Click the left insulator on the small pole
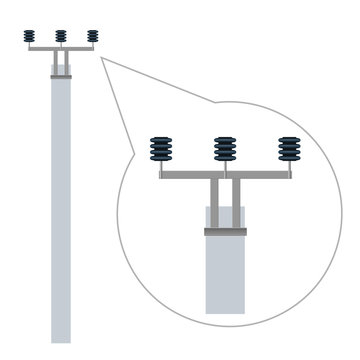(29, 36)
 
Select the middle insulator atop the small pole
(61, 36)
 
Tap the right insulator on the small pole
(93, 36)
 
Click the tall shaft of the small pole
(61, 200)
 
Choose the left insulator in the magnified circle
(161, 149)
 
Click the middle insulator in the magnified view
(225, 149)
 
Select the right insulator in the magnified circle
(289, 149)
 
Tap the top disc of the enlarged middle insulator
(225, 139)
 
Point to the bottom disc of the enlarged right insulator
(289, 158)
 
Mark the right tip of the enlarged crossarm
(291, 175)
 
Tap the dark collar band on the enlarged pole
(225, 232)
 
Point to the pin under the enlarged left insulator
(161, 166)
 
